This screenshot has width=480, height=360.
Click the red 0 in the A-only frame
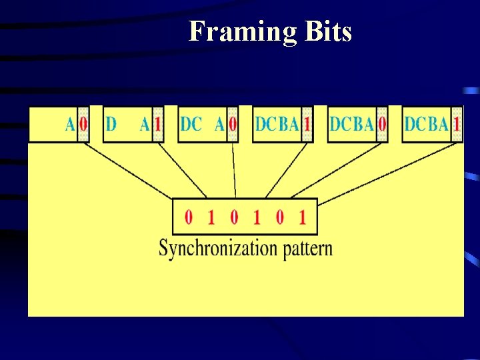tap(83, 124)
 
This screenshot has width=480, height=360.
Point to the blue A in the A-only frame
tap(70, 124)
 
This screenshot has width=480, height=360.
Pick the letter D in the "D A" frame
tap(111, 124)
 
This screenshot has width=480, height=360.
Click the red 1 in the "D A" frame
tap(157, 124)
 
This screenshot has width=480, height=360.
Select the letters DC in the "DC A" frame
tap(191, 124)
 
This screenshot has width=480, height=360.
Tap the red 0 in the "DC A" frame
tap(233, 124)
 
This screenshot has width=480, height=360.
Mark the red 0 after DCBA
tap(382, 124)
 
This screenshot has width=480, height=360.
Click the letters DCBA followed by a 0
tap(352, 124)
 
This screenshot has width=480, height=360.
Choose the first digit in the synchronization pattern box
tap(189, 217)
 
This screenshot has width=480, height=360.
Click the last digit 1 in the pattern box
tap(302, 217)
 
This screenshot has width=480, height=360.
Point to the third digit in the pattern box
tap(234, 217)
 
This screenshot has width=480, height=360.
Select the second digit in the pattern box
tap(211, 217)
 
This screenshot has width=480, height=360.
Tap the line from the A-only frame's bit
tap(127, 169)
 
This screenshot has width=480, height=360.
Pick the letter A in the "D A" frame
tap(145, 124)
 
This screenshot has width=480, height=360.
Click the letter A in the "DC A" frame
tap(219, 124)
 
